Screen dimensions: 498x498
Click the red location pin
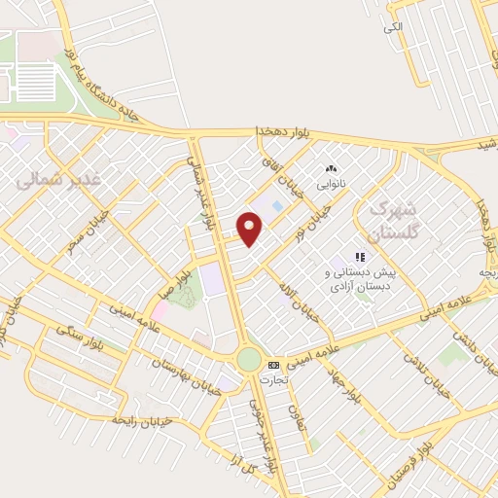click(x=250, y=229)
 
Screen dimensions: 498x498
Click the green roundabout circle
click(x=249, y=360)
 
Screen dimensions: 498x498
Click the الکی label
click(x=392, y=27)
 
